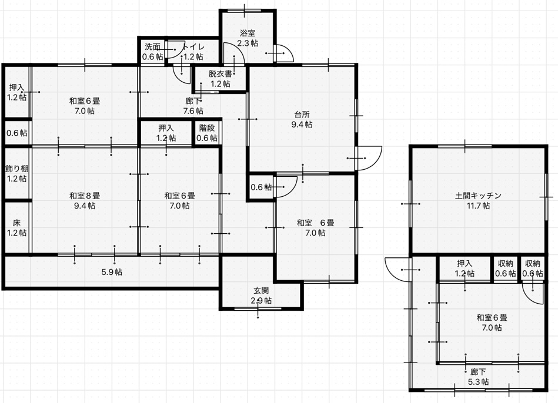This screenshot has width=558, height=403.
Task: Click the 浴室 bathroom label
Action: tap(248, 33)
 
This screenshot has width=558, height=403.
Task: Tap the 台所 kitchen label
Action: tap(302, 115)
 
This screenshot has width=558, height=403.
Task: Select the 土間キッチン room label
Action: tap(478, 195)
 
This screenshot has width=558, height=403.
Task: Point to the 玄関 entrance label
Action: tap(261, 291)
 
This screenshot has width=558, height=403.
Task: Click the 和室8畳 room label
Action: tap(85, 196)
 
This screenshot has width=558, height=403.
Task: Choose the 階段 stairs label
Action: tap(207, 128)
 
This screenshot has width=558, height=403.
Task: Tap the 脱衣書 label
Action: tap(220, 74)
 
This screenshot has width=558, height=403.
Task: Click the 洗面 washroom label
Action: tap(153, 46)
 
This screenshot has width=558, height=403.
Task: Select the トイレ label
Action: tap(194, 46)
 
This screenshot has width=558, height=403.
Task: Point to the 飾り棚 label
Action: tap(16, 169)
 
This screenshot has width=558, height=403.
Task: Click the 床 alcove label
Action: tap(16, 223)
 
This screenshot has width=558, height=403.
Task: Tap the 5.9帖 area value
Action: tap(112, 272)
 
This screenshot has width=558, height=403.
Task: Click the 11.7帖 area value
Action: tap(478, 206)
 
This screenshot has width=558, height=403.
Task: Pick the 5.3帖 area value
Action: tap(478, 382)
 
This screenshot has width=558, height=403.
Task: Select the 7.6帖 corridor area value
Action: tap(193, 111)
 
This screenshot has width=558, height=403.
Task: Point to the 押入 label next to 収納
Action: tap(465, 264)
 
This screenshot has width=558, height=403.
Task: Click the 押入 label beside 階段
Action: tap(166, 128)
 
